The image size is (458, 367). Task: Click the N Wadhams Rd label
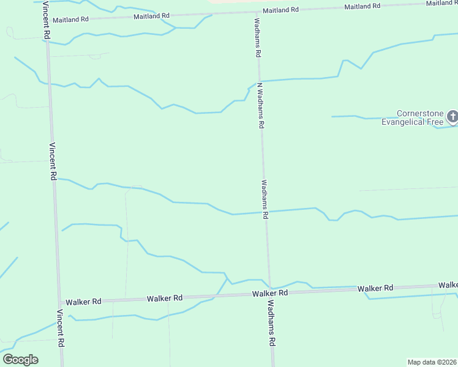tap(260, 105)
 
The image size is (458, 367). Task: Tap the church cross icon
tap(452, 116)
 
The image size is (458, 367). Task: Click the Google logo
tap(20, 360)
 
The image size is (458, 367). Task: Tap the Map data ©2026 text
tap(432, 361)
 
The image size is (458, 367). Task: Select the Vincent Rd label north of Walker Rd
tap(53, 161)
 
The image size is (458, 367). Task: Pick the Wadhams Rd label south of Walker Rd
tap(271, 324)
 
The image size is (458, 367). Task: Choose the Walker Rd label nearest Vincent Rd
tap(83, 302)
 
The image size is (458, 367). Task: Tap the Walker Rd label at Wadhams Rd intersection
tap(270, 294)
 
